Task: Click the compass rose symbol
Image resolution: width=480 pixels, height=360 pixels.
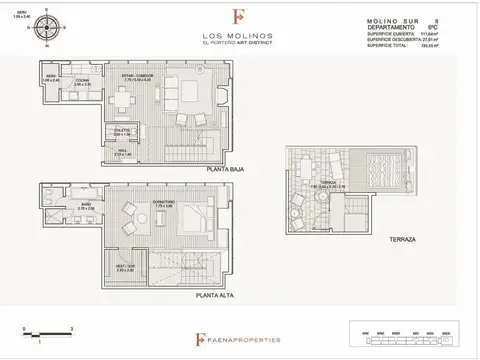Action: coord(43,31)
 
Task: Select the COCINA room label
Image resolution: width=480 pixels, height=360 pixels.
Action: coord(84,84)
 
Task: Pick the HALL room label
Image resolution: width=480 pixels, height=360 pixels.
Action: coord(123,153)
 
